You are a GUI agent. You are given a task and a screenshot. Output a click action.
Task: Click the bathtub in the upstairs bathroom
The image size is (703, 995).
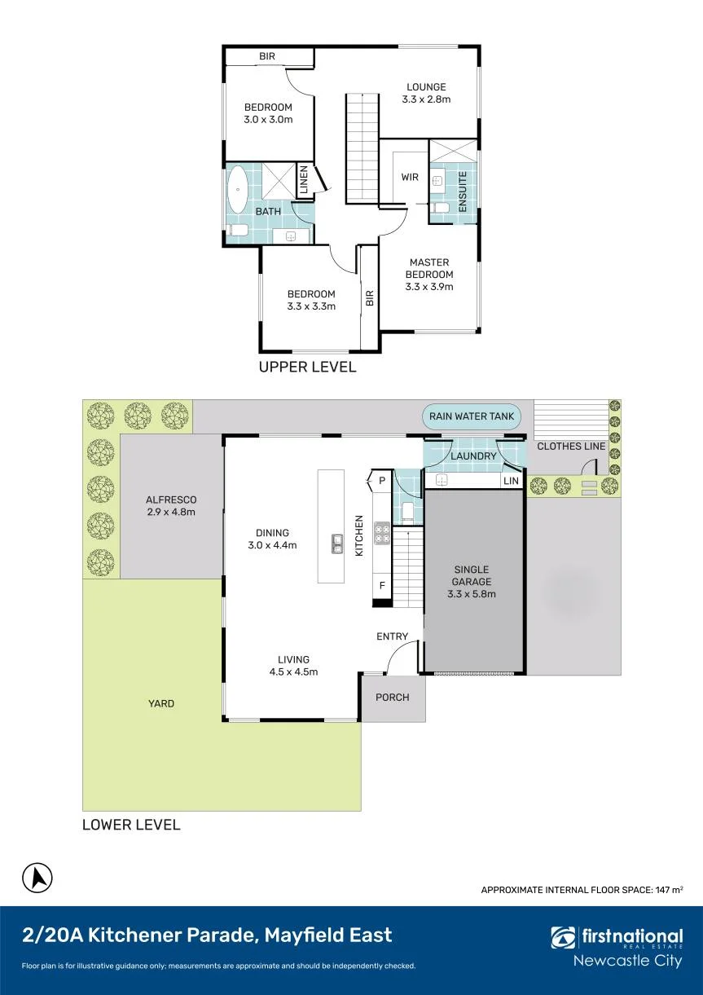pyautogui.click(x=238, y=190)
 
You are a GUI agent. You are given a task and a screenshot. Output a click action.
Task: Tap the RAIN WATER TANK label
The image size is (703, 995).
pyautogui.click(x=471, y=416)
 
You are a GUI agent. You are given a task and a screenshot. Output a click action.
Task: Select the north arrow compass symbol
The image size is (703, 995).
pyautogui.click(x=37, y=878)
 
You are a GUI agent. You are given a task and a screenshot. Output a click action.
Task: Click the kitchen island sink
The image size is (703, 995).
pyautogui.click(x=337, y=544)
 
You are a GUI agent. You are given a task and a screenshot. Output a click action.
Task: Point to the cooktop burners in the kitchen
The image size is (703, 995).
pyautogui.click(x=382, y=533)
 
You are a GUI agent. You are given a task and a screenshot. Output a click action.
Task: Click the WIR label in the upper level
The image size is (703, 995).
pyautogui.click(x=410, y=177)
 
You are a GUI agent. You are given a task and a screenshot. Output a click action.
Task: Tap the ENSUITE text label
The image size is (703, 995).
pyautogui.click(x=463, y=192)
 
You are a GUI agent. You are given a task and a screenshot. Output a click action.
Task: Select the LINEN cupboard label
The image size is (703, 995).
pyautogui.click(x=304, y=179)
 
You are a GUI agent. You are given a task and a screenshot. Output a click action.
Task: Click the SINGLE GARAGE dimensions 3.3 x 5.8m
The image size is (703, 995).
pyautogui.click(x=471, y=594)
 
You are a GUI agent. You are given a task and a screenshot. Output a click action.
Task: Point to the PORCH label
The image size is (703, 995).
pyautogui.click(x=392, y=698)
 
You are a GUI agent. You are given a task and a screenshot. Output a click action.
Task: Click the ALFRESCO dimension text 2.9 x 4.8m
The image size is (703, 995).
pyautogui.click(x=171, y=512)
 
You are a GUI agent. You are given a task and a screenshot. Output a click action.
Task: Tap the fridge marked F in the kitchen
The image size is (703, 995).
pyautogui.click(x=382, y=586)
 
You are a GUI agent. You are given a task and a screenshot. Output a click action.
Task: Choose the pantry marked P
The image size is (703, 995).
pyautogui.click(x=381, y=481)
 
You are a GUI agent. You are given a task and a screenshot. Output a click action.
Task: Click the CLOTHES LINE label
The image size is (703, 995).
pyautogui.click(x=571, y=447)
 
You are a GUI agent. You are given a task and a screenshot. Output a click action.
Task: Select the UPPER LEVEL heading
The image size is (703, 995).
pyautogui.click(x=307, y=367)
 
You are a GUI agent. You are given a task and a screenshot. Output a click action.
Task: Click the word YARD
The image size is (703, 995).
pyautogui.click(x=161, y=703)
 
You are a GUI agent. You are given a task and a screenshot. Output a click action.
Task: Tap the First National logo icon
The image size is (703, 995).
pyautogui.click(x=563, y=937)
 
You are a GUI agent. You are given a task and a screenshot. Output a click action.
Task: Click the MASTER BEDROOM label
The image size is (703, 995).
pyautogui.click(x=429, y=268)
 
